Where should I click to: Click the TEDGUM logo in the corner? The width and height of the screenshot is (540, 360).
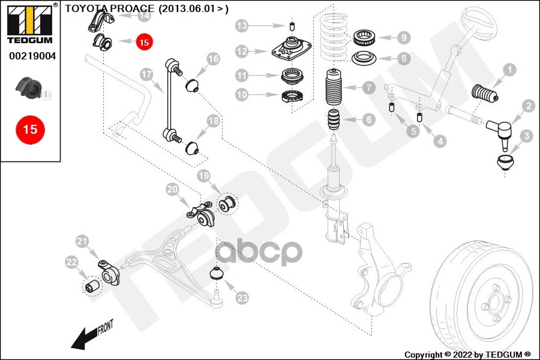30,23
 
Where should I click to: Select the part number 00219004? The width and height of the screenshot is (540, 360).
32,56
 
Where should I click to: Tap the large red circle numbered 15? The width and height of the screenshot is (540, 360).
31,130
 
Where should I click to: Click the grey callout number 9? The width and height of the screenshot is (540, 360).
404,37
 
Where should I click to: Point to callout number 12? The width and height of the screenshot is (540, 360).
242,52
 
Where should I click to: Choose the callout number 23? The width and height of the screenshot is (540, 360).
242,298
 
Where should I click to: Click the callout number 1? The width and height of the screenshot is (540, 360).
509,70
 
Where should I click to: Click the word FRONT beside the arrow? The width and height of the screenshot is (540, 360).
106,327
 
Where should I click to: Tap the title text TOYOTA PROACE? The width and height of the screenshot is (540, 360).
110,8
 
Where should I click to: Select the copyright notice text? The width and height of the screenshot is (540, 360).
467,355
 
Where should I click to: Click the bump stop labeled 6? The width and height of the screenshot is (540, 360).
334,119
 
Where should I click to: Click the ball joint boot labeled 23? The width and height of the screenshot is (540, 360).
217,273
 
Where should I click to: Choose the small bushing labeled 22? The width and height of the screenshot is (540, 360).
92,286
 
